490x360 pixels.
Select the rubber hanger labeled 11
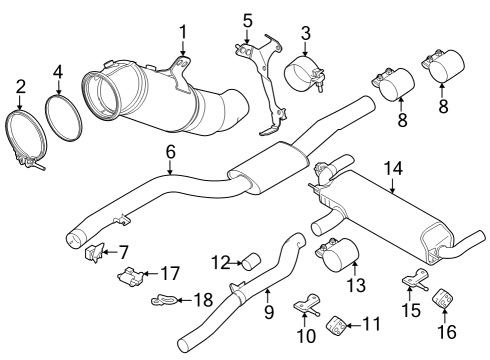(338, 324)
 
